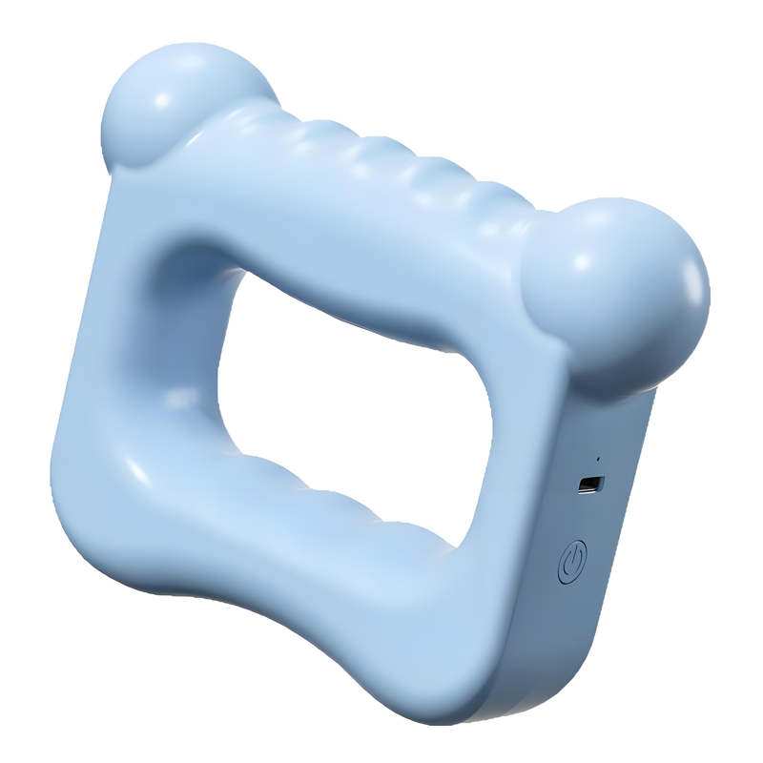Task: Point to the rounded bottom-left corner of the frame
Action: pos(91,534)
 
